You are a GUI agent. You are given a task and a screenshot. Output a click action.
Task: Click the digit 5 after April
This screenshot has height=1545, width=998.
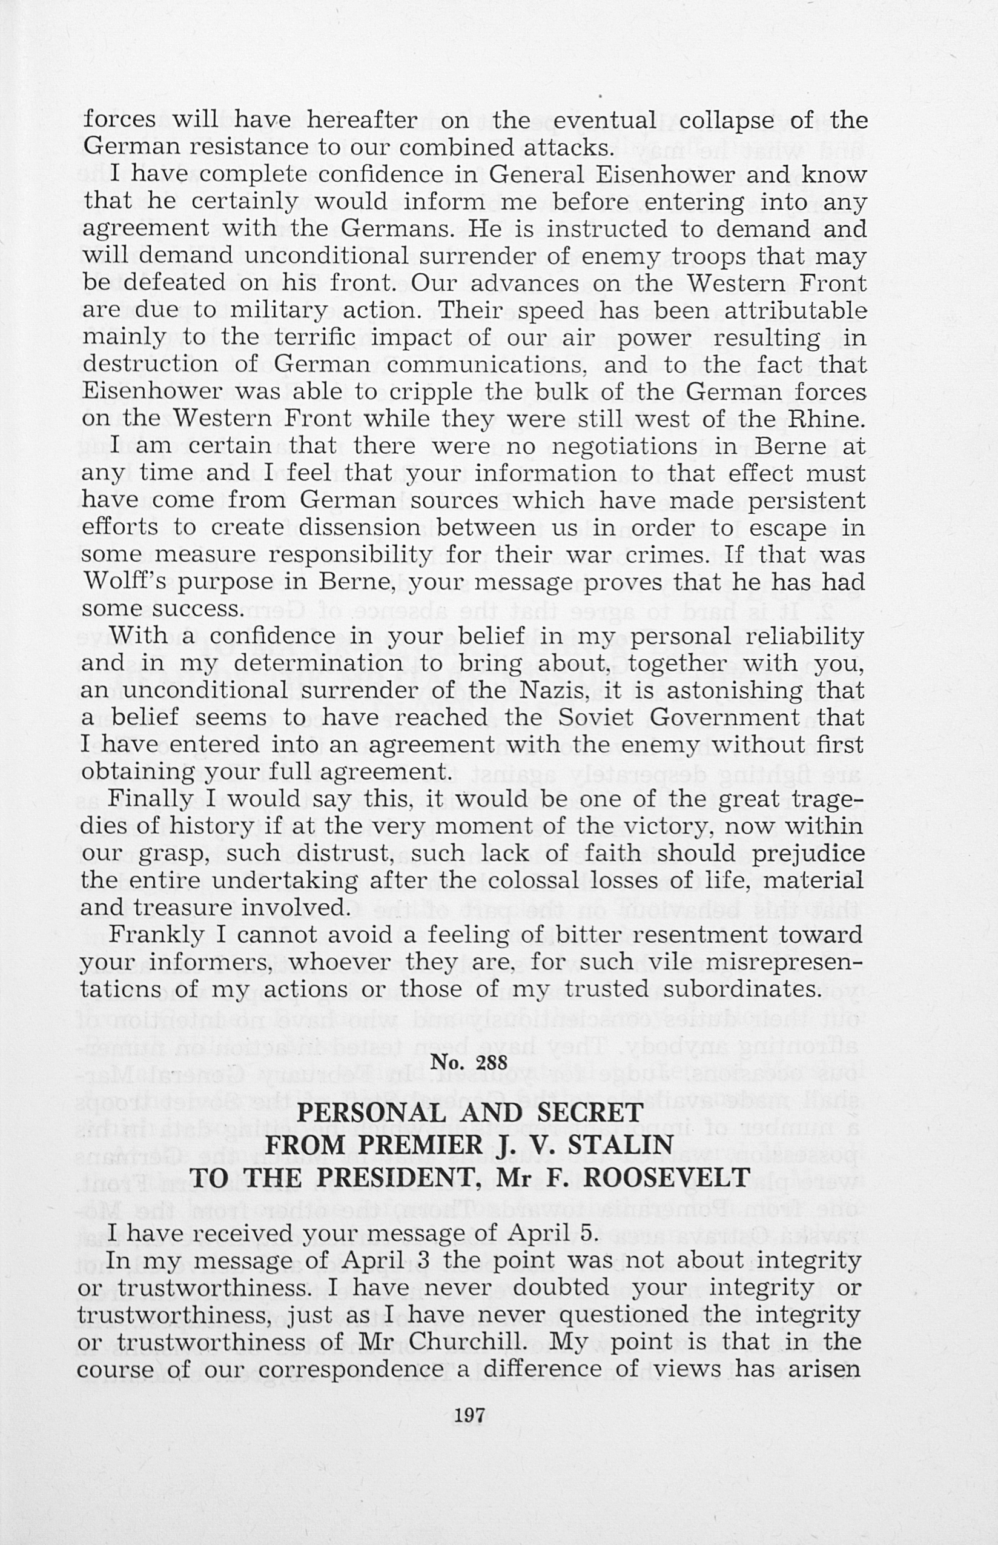pyautogui.click(x=586, y=1232)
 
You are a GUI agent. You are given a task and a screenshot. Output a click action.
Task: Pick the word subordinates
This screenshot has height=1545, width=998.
pyautogui.click(x=748, y=988)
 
